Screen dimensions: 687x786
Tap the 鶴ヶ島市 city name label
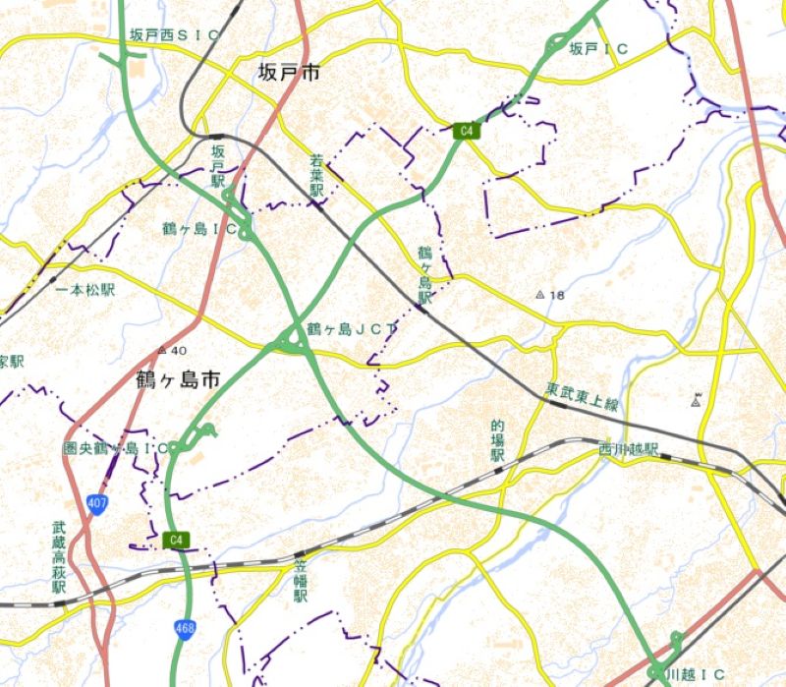[178, 378]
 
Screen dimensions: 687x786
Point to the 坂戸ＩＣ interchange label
[598, 48]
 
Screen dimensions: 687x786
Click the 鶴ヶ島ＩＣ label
[200, 228]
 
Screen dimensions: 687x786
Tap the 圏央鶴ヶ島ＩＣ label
[115, 448]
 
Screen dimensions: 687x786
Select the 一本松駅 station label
[86, 290]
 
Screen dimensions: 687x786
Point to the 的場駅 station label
[497, 441]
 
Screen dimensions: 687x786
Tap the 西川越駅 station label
[629, 449]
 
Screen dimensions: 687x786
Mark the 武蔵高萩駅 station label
[59, 556]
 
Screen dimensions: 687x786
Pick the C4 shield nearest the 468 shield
[176, 540]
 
